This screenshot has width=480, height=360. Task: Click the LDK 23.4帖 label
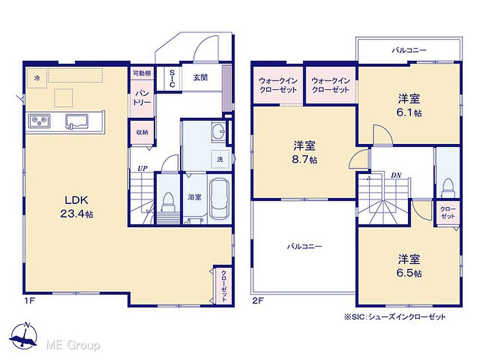pos(77,207)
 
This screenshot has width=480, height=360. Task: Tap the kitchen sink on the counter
pos(77,121)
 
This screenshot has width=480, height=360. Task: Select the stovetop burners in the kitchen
pos(39,121)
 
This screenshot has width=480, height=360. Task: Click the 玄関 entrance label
pos(200,77)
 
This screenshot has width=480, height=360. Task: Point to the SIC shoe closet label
pos(172,79)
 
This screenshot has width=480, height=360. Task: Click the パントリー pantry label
pos(142,98)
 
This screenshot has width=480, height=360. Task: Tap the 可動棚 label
pos(142,73)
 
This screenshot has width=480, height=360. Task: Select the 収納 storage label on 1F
pos(142,132)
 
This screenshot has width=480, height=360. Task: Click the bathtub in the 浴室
pos(220,199)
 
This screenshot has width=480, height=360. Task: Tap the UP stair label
pos(142,168)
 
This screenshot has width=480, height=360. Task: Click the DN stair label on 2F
pos(396,175)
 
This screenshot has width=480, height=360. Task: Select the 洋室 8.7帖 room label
pos(304,152)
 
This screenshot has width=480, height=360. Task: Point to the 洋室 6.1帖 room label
pos(409,105)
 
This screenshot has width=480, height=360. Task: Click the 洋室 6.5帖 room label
pos(409,266)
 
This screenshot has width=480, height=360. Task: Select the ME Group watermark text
pos(73,345)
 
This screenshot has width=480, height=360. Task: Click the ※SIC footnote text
pos(394,317)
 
